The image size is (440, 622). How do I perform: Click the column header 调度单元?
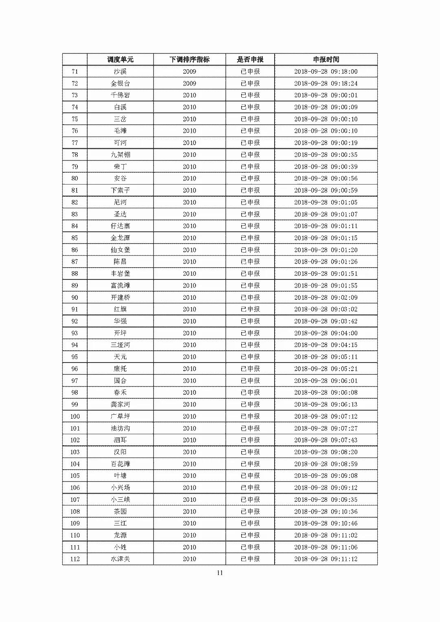tap(120, 59)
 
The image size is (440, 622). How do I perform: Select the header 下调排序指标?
tap(189, 59)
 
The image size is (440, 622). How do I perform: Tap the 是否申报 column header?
tap(250, 59)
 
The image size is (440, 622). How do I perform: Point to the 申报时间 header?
tap(326, 59)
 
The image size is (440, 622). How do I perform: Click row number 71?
tap(75, 72)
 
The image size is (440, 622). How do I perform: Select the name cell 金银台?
tap(120, 84)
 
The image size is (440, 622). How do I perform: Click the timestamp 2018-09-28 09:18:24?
tap(326, 84)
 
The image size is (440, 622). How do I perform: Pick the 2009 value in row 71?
tap(189, 72)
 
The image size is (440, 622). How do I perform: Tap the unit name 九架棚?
tap(120, 155)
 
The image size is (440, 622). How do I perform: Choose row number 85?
tap(75, 238)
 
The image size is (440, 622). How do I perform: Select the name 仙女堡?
tap(120, 250)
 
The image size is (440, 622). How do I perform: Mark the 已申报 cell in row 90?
tap(250, 297)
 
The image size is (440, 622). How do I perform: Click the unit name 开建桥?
tap(120, 297)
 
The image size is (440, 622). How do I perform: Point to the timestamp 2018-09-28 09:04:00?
tap(326, 333)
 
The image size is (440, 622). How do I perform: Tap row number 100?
tap(75, 416)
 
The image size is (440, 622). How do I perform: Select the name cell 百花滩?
tap(120, 464)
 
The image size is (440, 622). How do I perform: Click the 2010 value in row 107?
tap(189, 499)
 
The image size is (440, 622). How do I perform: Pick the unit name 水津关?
tap(120, 559)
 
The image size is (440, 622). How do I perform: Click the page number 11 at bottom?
tap(220, 573)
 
